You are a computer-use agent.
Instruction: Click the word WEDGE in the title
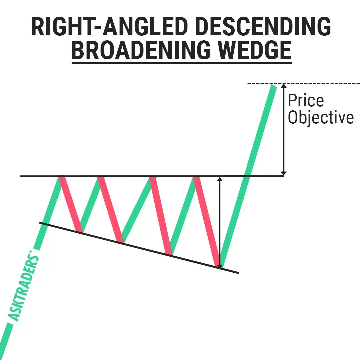(x=254, y=50)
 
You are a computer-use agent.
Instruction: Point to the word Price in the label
(x=306, y=100)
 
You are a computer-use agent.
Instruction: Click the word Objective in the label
(x=321, y=118)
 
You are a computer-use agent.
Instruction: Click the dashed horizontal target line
(x=304, y=83)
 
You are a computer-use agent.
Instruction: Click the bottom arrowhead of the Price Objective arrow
(x=284, y=173)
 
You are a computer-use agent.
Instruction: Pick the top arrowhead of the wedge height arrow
(x=220, y=179)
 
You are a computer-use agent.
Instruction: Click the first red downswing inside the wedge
(x=71, y=204)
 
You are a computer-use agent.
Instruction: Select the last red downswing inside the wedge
(x=207, y=222)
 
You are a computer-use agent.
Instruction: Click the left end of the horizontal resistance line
(x=20, y=176)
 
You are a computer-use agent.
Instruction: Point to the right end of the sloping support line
(x=238, y=273)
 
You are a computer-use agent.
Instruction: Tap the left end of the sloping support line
(x=39, y=222)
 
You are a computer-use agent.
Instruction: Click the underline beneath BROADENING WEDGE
(x=182, y=62)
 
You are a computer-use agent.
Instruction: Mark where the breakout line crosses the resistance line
(x=247, y=176)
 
